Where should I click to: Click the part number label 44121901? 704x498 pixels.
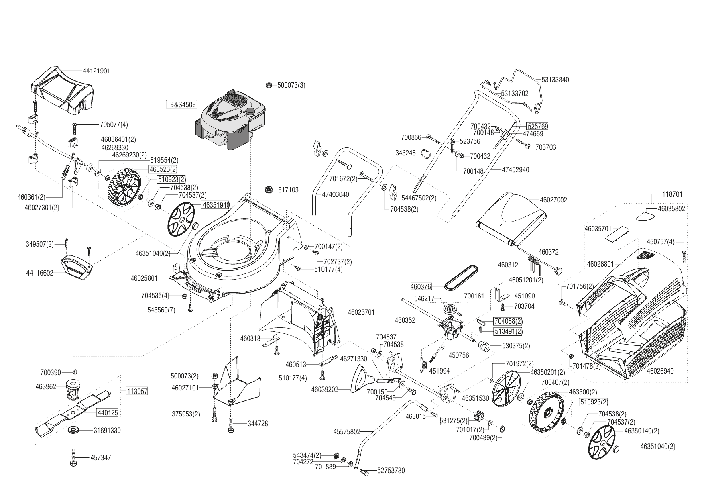tap(96, 71)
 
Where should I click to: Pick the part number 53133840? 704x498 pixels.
tap(555, 80)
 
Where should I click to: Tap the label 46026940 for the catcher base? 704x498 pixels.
tap(661, 371)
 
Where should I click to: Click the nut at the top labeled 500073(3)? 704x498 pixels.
tap(269, 85)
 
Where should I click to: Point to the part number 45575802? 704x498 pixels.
tap(347, 432)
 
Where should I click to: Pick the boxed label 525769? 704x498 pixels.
tap(537, 126)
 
